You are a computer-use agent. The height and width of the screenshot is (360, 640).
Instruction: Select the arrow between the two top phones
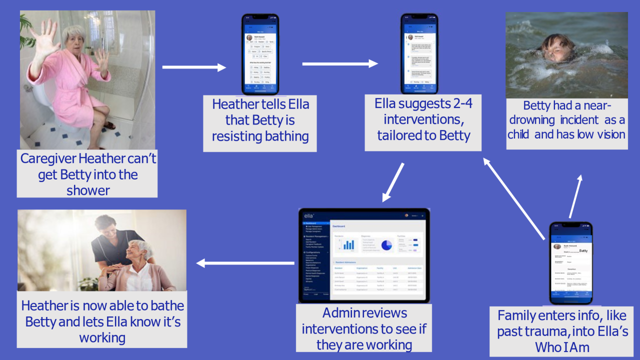340,63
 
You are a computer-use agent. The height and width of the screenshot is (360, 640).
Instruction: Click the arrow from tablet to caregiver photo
245,263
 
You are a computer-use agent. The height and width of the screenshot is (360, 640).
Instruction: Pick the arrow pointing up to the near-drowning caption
575,196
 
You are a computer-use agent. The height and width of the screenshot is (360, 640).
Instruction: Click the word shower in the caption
87,190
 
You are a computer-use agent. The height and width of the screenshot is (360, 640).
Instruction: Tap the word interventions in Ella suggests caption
423,119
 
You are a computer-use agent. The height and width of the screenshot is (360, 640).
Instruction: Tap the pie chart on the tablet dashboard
386,245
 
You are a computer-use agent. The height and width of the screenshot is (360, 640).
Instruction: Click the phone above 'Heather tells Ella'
260,53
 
